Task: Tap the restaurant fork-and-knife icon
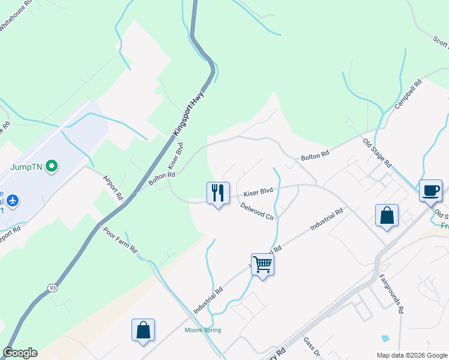218,193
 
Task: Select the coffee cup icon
430,190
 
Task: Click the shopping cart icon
262,263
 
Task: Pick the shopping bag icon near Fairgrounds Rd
387,215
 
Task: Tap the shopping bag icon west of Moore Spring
143,330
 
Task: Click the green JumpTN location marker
52,165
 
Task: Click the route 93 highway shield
53,289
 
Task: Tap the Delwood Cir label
257,211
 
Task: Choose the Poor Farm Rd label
121,240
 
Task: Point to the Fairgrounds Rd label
391,295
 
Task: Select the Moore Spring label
203,330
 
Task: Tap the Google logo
20,353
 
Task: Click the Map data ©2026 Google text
411,355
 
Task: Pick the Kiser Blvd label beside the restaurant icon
258,192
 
